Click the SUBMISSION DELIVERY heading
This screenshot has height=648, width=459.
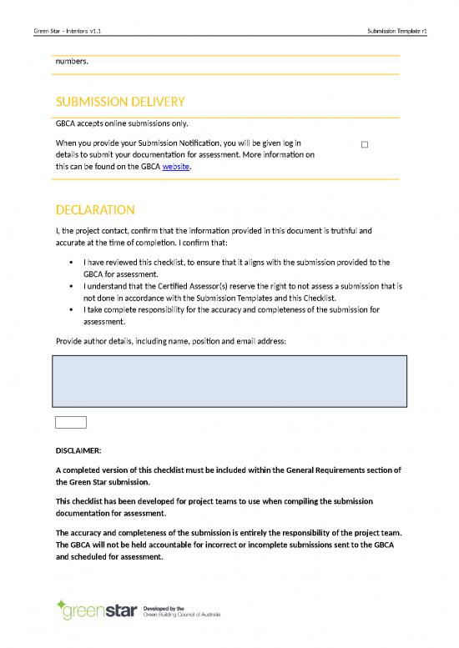[119, 102]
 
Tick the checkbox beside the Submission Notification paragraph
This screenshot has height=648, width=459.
[365, 145]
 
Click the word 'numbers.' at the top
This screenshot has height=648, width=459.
[72, 61]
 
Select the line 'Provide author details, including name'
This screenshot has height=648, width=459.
[170, 341]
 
